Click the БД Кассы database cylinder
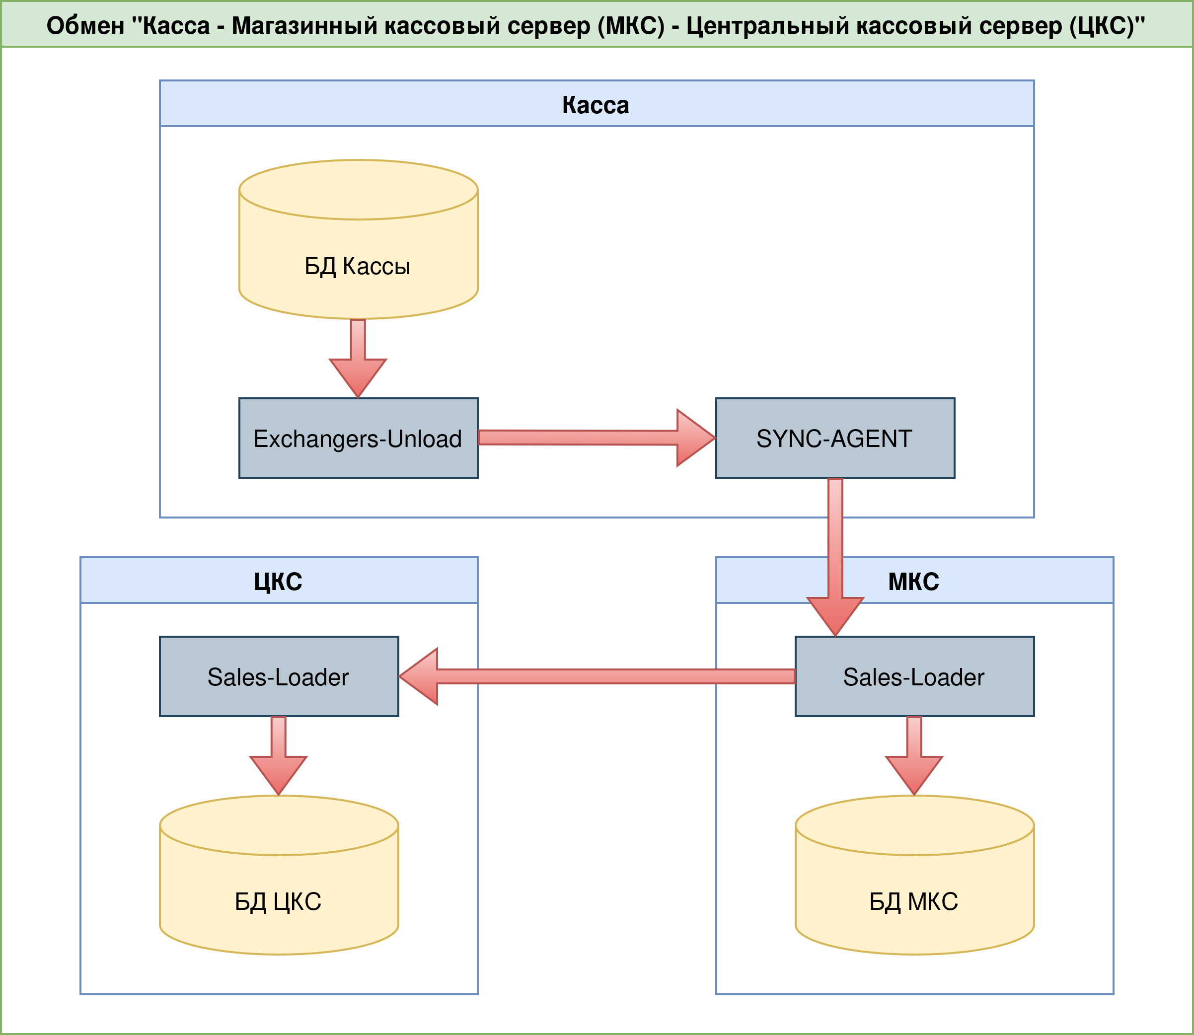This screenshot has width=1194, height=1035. (358, 254)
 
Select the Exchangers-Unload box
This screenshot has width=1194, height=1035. (358, 438)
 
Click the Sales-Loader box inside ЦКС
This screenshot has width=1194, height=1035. (279, 676)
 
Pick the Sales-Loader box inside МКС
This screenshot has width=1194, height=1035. (914, 676)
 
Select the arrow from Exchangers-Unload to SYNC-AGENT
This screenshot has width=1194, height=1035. (578, 437)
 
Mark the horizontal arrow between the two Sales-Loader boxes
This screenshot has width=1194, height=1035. (595, 676)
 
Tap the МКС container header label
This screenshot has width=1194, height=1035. (913, 581)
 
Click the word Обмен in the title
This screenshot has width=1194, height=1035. (85, 26)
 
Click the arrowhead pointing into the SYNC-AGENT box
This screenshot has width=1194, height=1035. (696, 438)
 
